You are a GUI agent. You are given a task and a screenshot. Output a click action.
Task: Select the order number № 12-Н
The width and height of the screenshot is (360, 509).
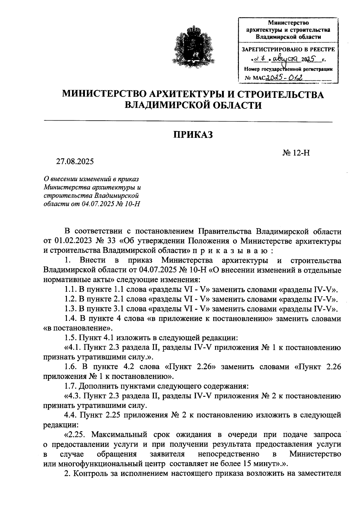click(295, 153)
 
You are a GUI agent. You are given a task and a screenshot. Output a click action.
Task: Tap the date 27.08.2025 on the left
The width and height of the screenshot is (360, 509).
click(75, 162)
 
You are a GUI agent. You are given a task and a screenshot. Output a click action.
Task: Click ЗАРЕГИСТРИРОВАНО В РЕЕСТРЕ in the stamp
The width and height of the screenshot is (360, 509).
click(288, 50)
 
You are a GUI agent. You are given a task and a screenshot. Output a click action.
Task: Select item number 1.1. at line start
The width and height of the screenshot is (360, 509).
click(71, 290)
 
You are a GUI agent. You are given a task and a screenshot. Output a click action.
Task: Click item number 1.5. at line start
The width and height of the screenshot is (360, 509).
click(71, 338)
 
